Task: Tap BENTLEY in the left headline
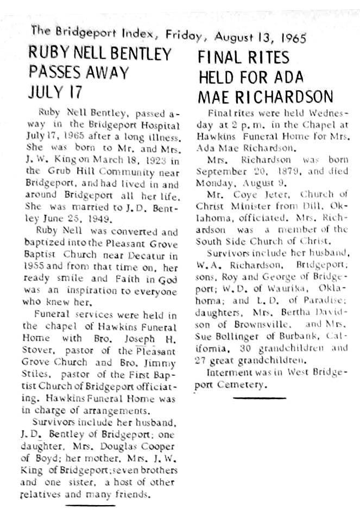(x=142, y=54)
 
